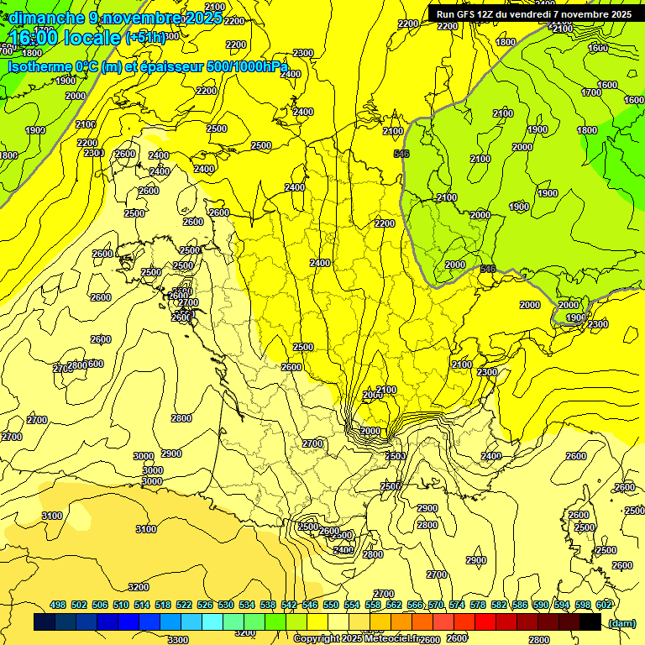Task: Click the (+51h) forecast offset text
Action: click(145, 38)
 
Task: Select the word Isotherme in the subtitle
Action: click(39, 66)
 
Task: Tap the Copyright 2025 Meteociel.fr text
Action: click(355, 638)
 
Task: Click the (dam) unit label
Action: click(621, 622)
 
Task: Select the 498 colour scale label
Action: click(58, 605)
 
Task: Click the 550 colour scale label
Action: click(331, 605)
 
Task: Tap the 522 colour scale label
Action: click(184, 605)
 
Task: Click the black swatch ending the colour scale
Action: click(590, 622)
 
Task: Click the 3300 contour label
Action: click(178, 640)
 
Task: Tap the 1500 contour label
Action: click(308, 526)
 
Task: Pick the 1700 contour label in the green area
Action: click(591, 92)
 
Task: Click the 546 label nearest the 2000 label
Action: click(488, 269)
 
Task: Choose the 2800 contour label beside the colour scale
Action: click(538, 640)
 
